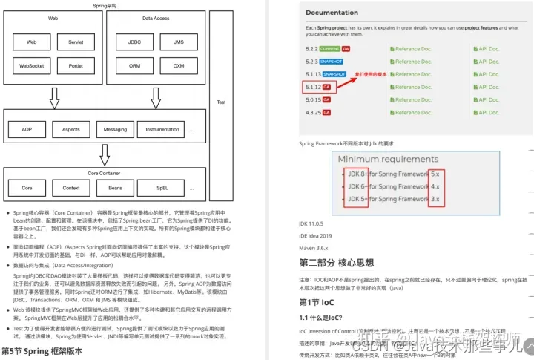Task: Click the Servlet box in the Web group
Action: (x=76, y=42)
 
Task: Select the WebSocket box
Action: (x=32, y=65)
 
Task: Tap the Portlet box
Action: (x=76, y=65)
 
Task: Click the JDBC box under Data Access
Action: (x=134, y=42)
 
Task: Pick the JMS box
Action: (x=179, y=42)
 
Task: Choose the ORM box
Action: (x=134, y=65)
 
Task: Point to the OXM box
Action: (x=179, y=65)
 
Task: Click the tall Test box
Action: (x=220, y=102)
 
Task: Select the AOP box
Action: (x=27, y=129)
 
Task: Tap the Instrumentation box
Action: (x=162, y=129)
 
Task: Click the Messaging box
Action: (x=115, y=129)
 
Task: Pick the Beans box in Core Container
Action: (x=115, y=188)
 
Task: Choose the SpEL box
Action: (x=162, y=188)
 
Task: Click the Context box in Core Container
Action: (x=71, y=188)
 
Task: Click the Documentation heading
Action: (x=332, y=13)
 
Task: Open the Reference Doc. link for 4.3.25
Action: (x=413, y=112)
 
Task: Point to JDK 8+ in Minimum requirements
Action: (x=355, y=174)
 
